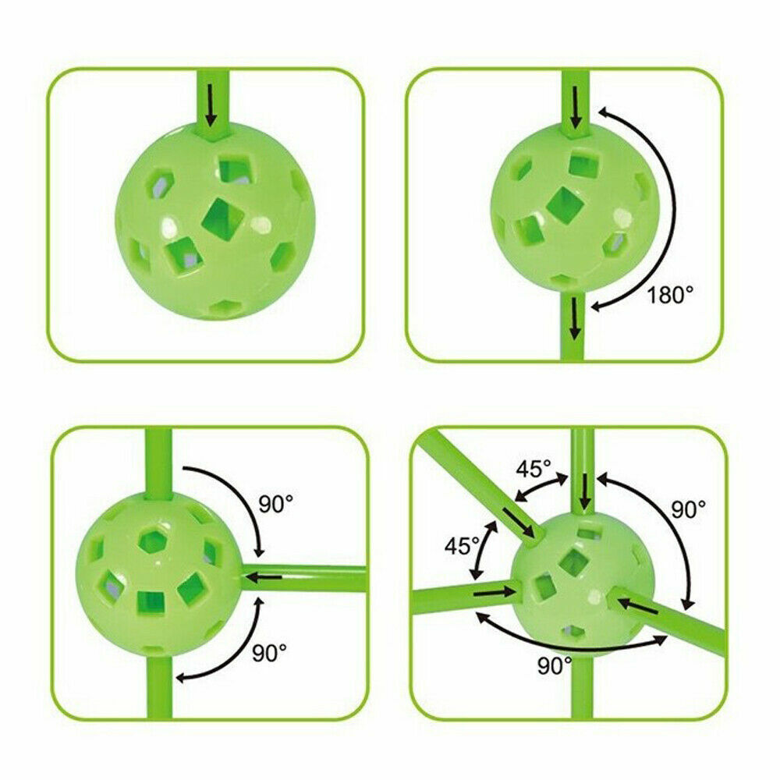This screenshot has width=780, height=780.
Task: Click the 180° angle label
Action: (x=669, y=295)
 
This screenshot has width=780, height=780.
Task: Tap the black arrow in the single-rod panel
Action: (x=212, y=105)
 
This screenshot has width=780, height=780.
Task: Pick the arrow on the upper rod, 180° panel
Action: (x=576, y=107)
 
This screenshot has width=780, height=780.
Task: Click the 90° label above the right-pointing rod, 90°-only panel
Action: (x=276, y=505)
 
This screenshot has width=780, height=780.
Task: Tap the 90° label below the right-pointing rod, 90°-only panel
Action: (x=269, y=653)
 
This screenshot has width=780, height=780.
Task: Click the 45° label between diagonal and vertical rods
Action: (x=534, y=469)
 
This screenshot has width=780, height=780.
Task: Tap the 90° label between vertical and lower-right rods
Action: (x=689, y=509)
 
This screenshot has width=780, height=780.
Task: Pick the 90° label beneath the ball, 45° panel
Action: (x=555, y=665)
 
